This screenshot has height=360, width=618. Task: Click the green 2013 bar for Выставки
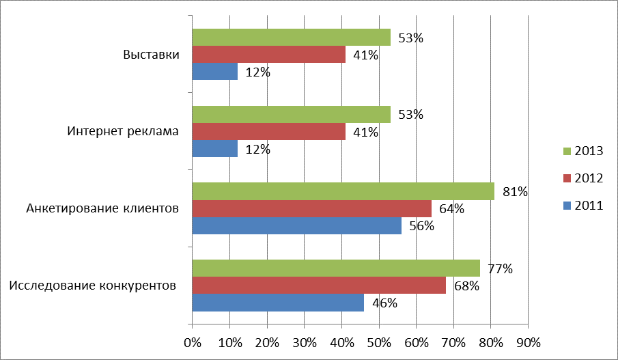291,38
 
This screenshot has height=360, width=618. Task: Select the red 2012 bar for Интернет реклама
268,132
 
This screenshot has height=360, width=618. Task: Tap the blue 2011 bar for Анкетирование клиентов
296,225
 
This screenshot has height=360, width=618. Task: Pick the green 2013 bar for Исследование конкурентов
335,268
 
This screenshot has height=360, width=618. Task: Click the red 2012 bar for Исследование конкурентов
319,286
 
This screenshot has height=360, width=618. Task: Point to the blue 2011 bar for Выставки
214,72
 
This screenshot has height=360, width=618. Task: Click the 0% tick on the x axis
193,342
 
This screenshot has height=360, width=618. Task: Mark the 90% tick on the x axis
528,342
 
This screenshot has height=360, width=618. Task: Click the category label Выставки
151,55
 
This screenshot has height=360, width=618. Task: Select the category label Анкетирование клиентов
102,208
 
